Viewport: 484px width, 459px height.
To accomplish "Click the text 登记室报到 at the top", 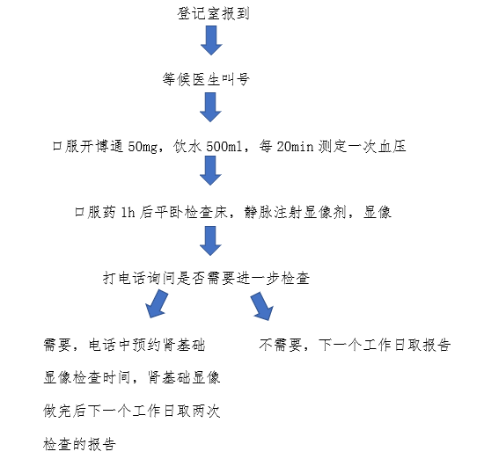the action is [x=213, y=14].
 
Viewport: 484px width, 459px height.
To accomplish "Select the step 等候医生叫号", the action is [x=206, y=79].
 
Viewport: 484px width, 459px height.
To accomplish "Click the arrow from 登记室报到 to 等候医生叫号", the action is [x=211, y=40].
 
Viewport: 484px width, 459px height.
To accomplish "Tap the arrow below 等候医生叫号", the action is [x=210, y=107].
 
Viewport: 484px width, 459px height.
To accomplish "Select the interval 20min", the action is [x=295, y=146].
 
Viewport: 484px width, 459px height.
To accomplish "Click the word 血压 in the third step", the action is [x=392, y=146].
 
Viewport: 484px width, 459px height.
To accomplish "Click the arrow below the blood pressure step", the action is [x=210, y=171].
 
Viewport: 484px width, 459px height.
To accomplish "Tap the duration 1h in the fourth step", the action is [x=128, y=212].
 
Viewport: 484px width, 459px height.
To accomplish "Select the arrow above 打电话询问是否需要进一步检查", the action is [x=210, y=241].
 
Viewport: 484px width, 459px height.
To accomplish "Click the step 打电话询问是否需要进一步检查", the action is [x=206, y=278].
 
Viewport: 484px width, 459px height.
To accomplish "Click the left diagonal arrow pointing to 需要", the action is [x=158, y=304].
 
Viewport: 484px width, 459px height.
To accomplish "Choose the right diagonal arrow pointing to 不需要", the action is [x=262, y=306].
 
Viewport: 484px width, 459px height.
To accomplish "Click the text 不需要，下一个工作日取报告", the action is [x=355, y=345].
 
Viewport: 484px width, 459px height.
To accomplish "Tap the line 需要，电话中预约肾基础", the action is [x=124, y=345].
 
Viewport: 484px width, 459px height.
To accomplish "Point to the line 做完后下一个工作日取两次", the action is [x=132, y=411].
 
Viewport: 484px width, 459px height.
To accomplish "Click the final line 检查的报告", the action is [x=79, y=444].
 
